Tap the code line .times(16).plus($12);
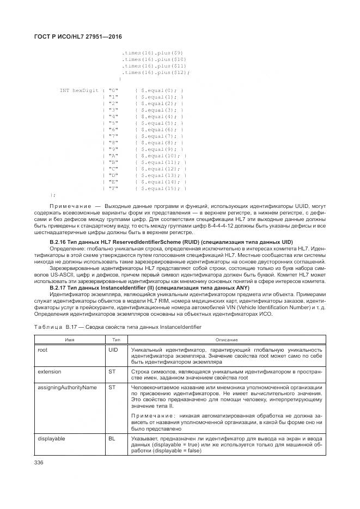click(x=156, y=72)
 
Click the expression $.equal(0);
click(x=162, y=90)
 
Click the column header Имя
click(x=70, y=339)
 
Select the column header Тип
click(x=116, y=339)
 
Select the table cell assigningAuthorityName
click(x=67, y=387)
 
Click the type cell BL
click(x=112, y=437)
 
